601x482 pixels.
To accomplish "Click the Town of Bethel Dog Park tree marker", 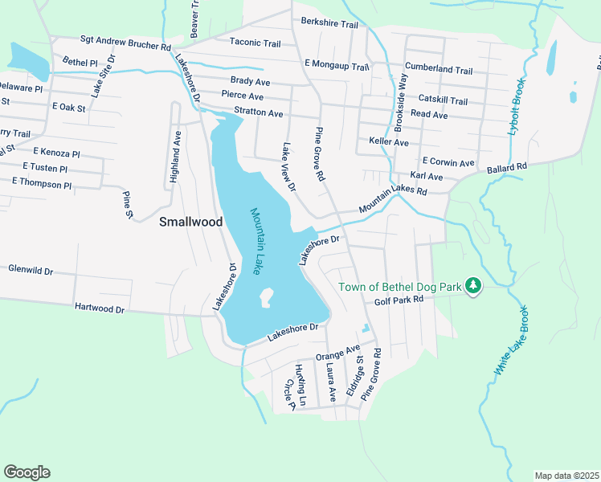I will [474, 286].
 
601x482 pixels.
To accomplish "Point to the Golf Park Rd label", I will [399, 300].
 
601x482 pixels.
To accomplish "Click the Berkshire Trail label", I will [329, 24].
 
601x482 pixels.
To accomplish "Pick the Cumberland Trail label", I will [439, 70].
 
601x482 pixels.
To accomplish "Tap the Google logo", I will [27, 472].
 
